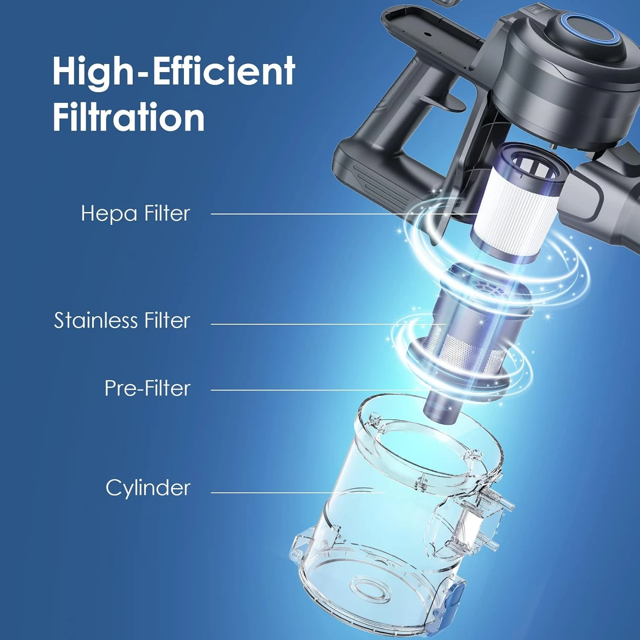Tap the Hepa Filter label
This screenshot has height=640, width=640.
point(135,213)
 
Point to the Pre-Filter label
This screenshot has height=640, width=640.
point(147,388)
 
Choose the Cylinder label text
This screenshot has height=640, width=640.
point(148,488)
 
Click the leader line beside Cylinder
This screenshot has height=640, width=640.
point(297,492)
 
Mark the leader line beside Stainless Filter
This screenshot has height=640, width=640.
point(328,324)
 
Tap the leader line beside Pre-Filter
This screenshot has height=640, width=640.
point(320,390)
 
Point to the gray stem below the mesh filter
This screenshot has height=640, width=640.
point(442,405)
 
